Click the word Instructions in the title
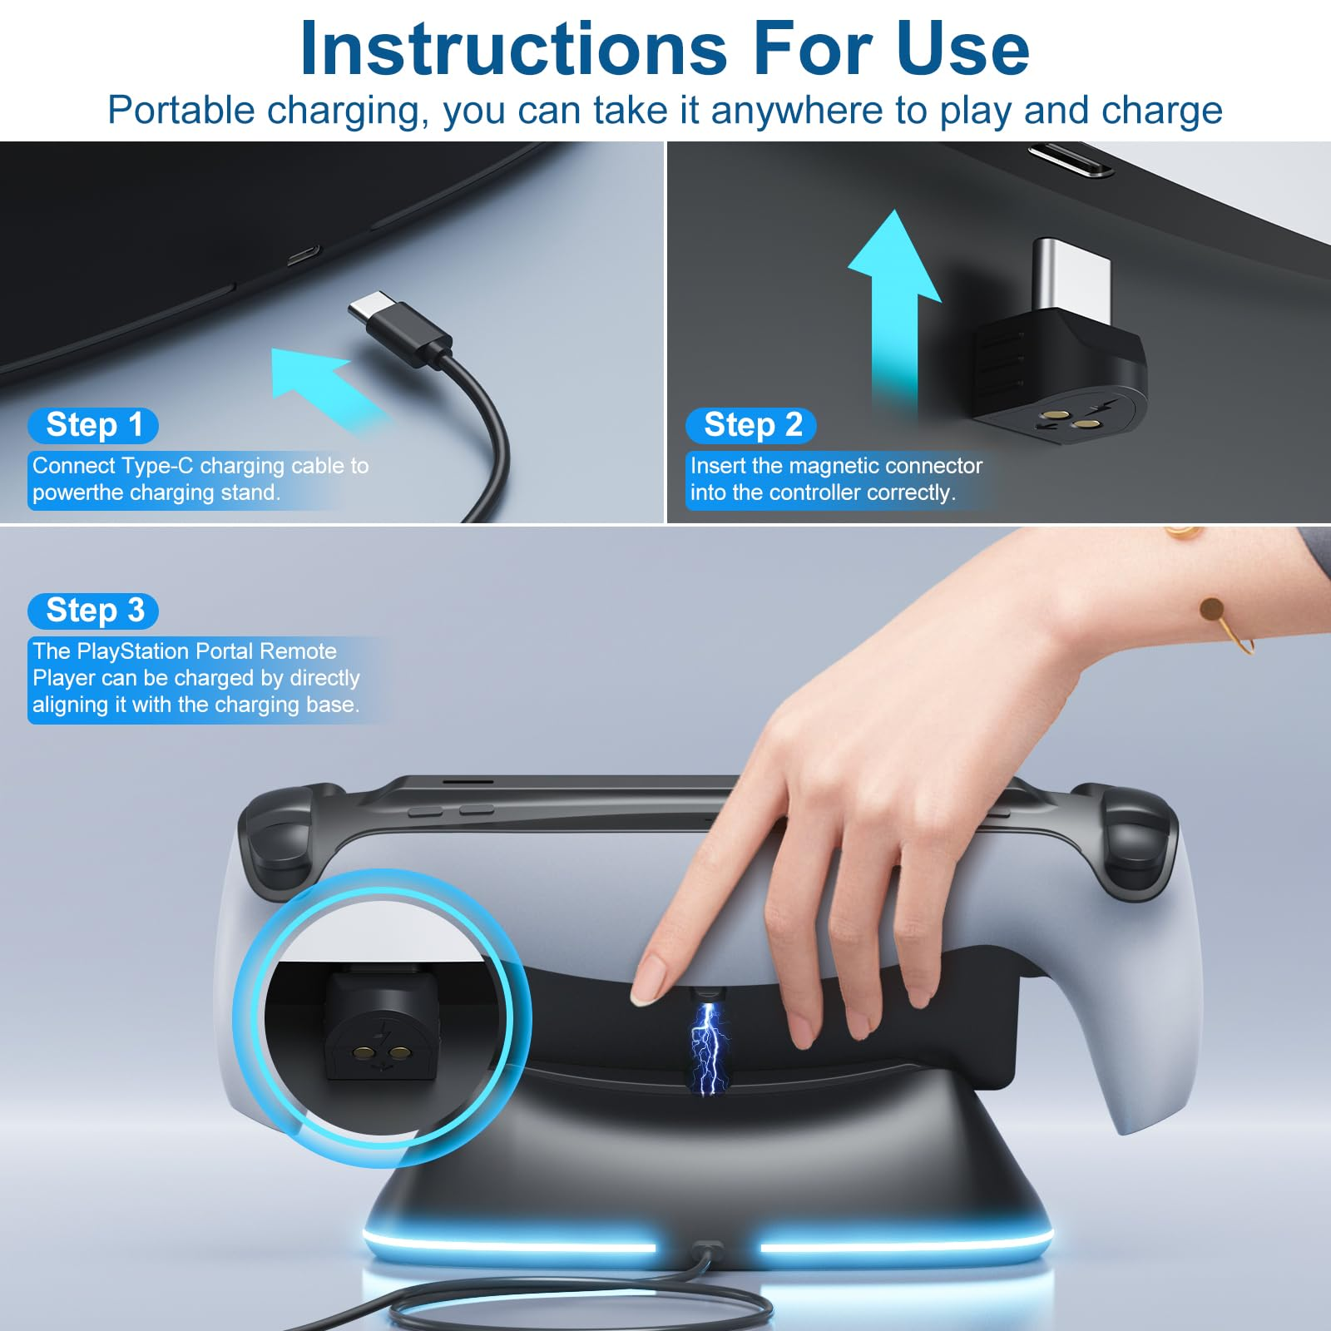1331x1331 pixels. click(x=513, y=49)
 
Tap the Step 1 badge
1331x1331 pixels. click(x=93, y=425)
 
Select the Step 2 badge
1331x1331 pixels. click(x=751, y=425)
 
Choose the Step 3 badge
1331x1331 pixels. click(x=93, y=611)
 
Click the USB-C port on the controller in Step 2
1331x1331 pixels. click(x=1071, y=160)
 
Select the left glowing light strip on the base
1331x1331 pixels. click(x=509, y=1244)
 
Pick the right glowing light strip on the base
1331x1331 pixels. click(x=907, y=1244)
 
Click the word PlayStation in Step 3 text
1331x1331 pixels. click(x=136, y=651)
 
